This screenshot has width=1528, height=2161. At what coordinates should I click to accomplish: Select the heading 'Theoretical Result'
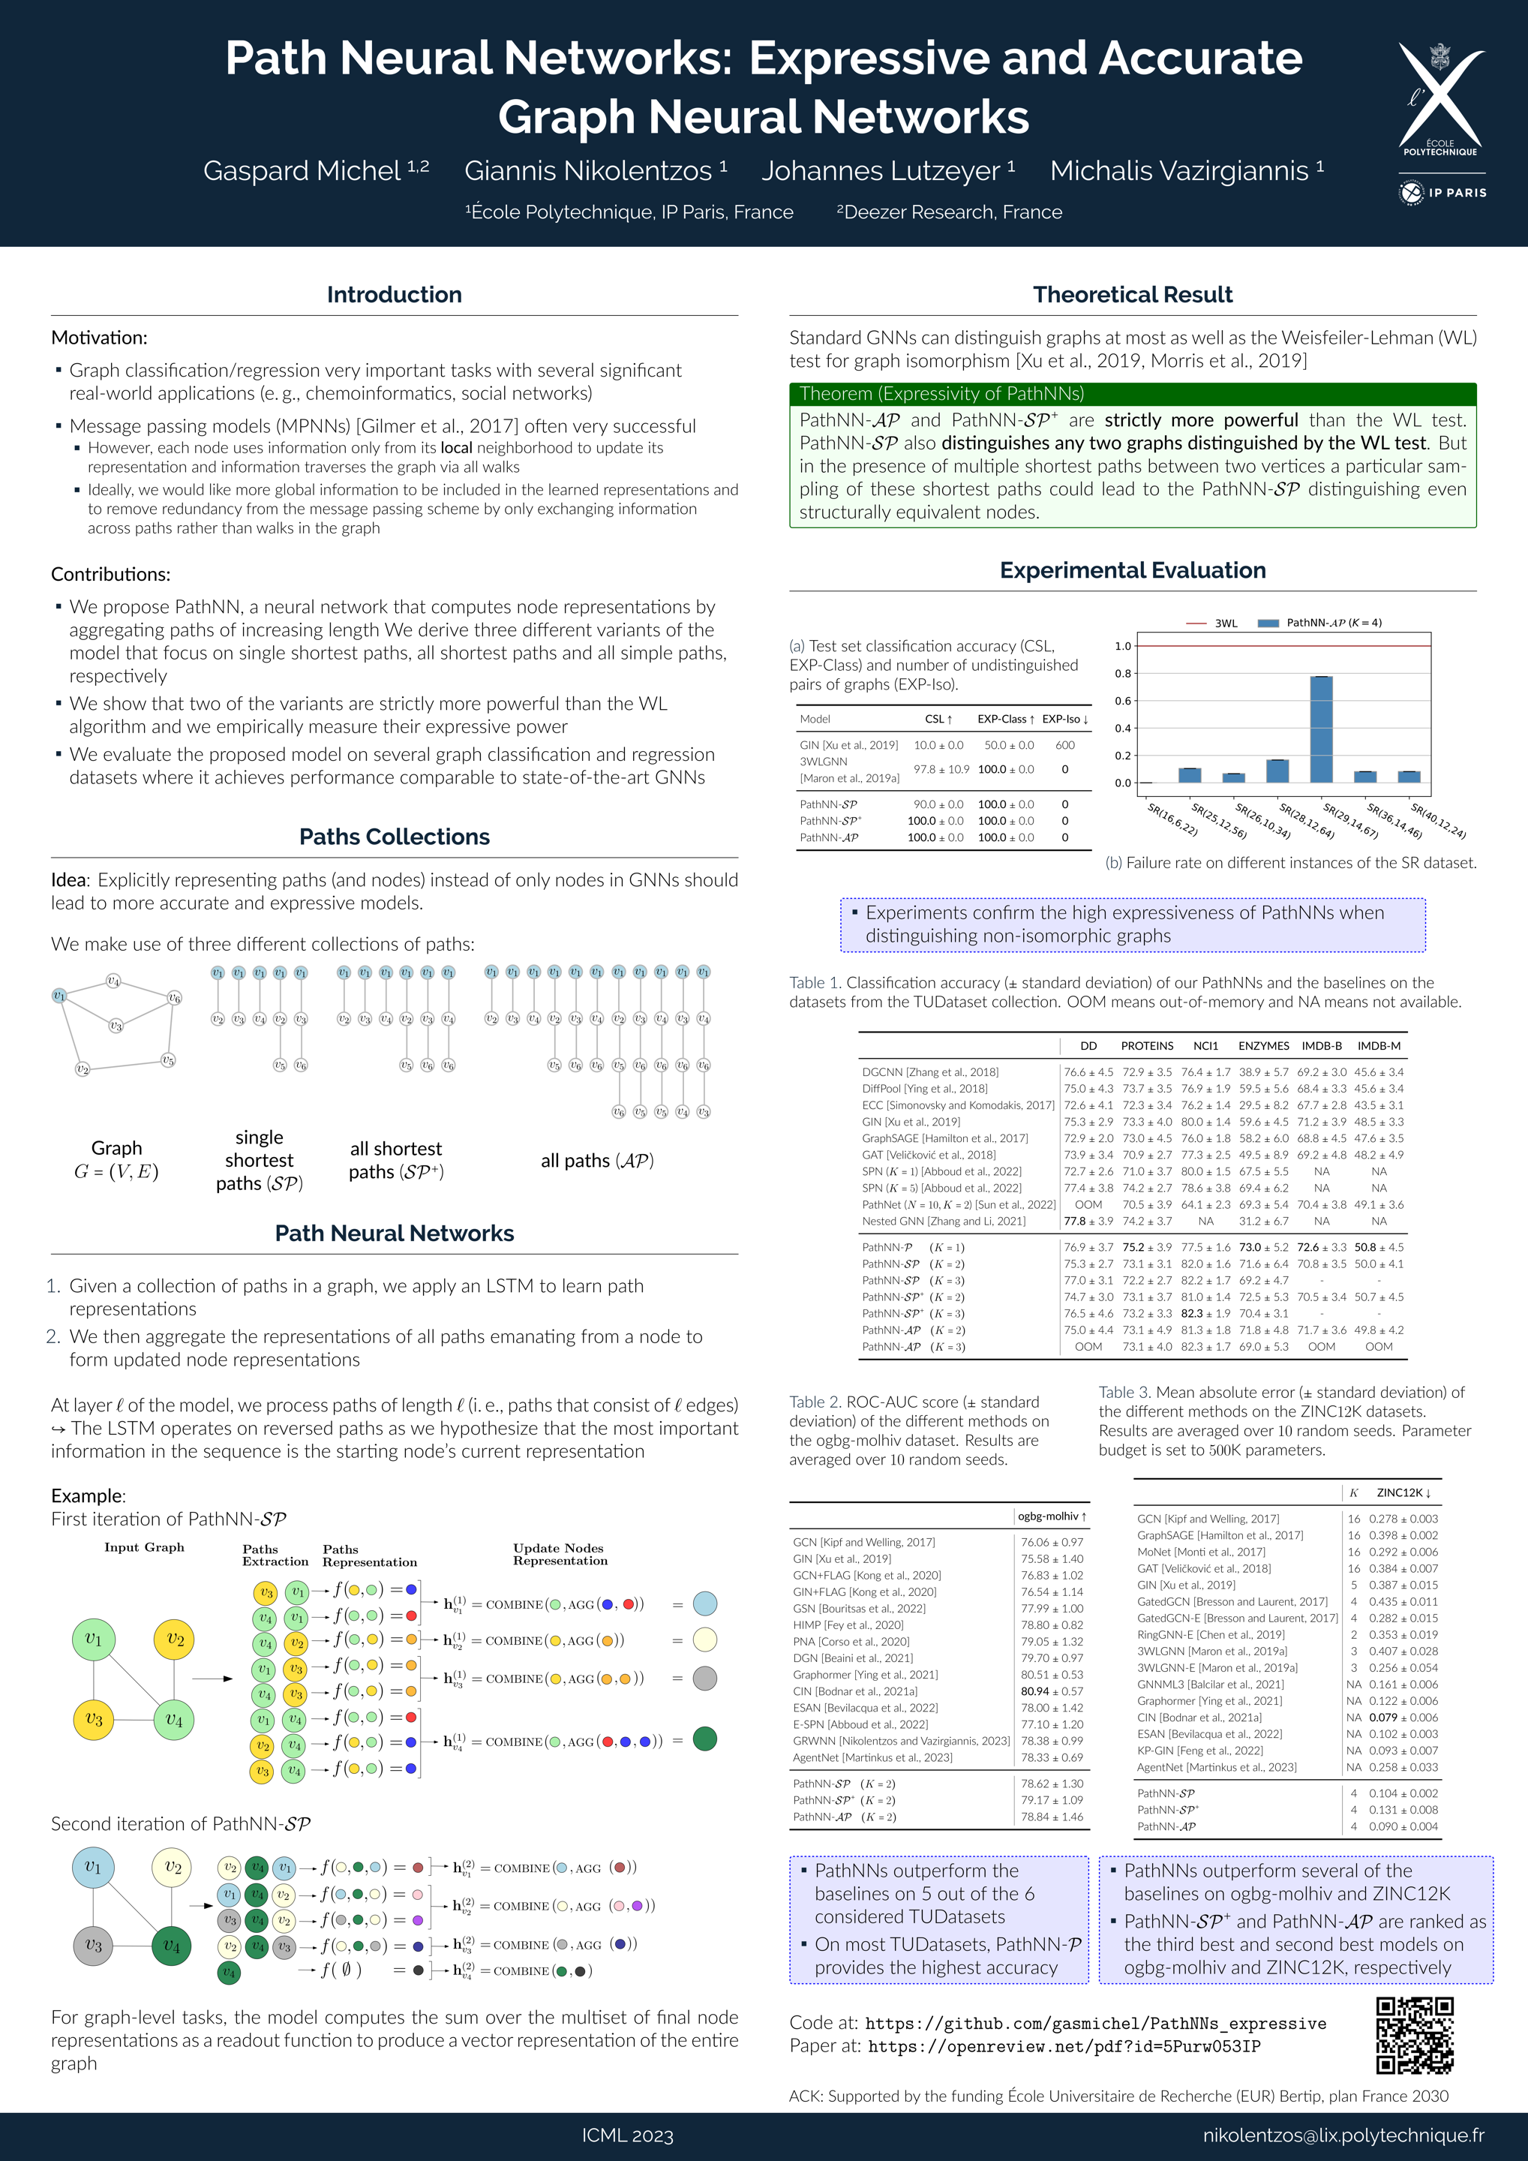click(1132, 295)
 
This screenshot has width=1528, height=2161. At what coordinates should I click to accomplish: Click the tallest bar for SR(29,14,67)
click(1321, 729)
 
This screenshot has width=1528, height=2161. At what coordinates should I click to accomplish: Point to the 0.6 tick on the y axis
click(1122, 701)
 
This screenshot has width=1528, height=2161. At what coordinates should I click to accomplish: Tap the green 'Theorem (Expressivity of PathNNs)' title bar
click(1132, 393)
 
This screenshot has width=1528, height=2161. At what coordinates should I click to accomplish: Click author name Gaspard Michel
click(302, 171)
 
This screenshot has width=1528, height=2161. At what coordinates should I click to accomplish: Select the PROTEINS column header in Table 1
click(1147, 1046)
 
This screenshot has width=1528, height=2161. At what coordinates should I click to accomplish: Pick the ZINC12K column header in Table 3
click(1403, 1492)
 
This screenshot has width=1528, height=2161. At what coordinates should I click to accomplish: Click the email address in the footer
click(1343, 2135)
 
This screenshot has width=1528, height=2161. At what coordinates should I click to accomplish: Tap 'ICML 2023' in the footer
click(628, 2135)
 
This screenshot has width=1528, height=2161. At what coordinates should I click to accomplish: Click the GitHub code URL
click(1095, 2024)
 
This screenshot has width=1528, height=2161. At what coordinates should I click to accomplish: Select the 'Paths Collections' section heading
click(395, 837)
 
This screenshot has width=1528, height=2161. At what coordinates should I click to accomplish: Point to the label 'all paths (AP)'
click(597, 1161)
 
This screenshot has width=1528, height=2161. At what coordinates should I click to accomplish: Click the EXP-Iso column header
click(1064, 719)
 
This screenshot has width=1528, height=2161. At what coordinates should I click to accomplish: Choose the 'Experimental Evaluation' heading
click(1132, 570)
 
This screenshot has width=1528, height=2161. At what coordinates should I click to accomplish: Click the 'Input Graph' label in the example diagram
click(144, 1547)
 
